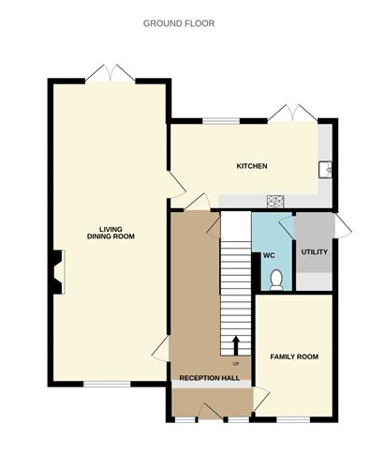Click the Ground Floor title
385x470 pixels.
179,23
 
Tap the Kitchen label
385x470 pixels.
252,166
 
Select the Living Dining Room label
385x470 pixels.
111,233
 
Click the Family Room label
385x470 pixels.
294,356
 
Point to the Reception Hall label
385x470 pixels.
210,378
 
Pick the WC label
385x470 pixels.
269,255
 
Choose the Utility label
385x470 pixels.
315,251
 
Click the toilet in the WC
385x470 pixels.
276,280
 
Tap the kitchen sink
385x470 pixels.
325,170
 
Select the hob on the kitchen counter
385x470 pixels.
275,201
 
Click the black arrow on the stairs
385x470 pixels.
236,345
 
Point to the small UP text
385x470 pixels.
236,364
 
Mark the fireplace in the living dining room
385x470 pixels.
57,272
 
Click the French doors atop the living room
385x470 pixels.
111,73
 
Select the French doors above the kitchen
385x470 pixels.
292,114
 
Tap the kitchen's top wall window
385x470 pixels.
221,121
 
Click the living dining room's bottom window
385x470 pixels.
107,384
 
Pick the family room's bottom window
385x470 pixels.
293,419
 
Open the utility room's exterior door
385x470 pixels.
343,226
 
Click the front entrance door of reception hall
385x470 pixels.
210,411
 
